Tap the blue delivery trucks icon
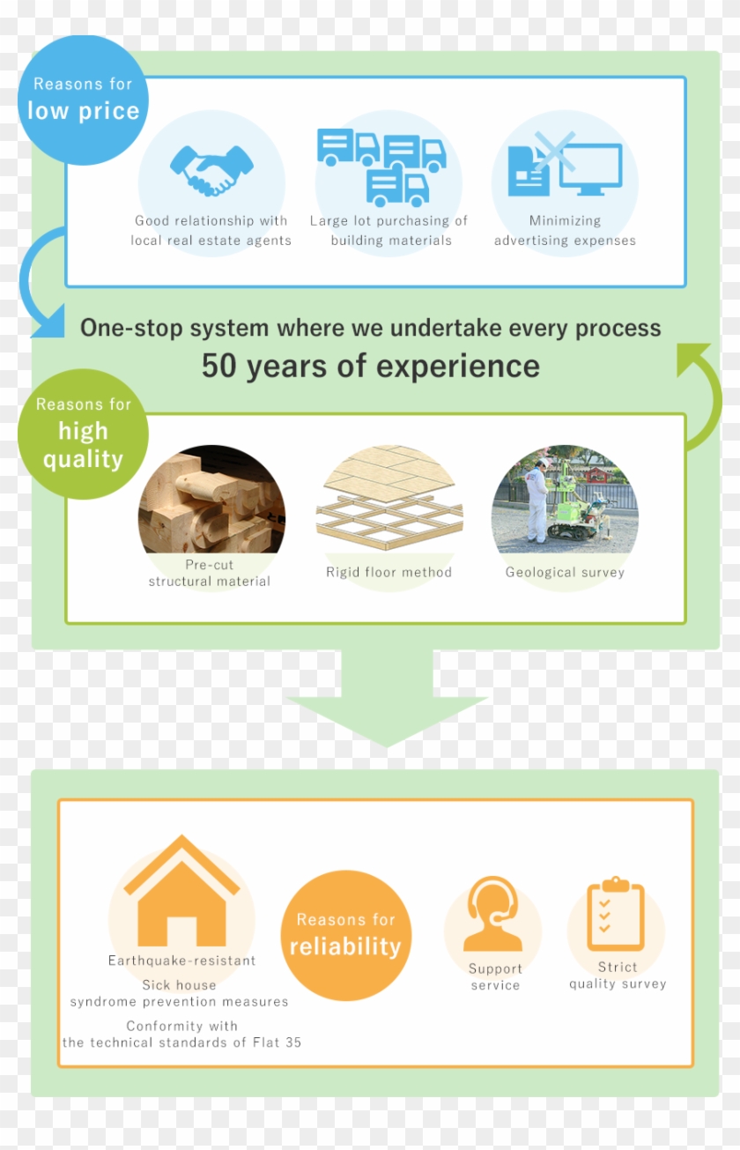(383, 166)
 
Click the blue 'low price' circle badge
(84, 99)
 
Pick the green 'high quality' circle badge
(83, 434)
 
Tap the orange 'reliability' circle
(345, 935)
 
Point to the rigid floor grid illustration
(388, 502)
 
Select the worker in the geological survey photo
(536, 501)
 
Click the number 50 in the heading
(219, 366)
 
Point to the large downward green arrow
(387, 701)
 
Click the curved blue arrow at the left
(40, 282)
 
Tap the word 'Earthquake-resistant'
(181, 961)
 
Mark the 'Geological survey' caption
(565, 572)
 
